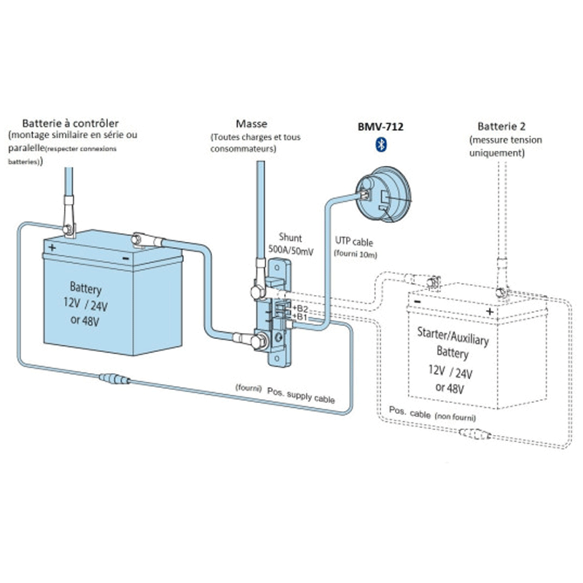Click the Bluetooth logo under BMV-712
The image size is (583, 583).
(381, 144)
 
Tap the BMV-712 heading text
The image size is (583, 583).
(380, 127)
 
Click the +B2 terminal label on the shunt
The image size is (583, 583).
(300, 309)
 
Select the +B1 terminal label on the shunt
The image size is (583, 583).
(300, 317)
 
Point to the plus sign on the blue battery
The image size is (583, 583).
(52, 247)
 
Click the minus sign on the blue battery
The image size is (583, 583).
(125, 259)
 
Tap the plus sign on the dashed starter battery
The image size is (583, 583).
(490, 311)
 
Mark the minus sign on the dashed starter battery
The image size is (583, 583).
(418, 302)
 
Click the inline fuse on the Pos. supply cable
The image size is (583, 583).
(114, 379)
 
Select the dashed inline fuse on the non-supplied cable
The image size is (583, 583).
(475, 434)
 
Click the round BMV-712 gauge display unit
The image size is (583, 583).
(383, 194)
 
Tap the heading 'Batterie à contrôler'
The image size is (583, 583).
(70, 123)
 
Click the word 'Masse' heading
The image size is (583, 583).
(251, 123)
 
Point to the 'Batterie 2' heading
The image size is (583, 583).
(501, 126)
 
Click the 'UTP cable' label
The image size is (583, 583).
(354, 242)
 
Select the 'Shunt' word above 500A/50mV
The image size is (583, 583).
(290, 238)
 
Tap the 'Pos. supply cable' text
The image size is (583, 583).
(301, 395)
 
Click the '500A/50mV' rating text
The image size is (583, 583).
(291, 251)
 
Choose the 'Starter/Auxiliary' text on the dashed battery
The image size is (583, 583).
(453, 336)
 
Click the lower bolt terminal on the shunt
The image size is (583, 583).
(259, 341)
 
